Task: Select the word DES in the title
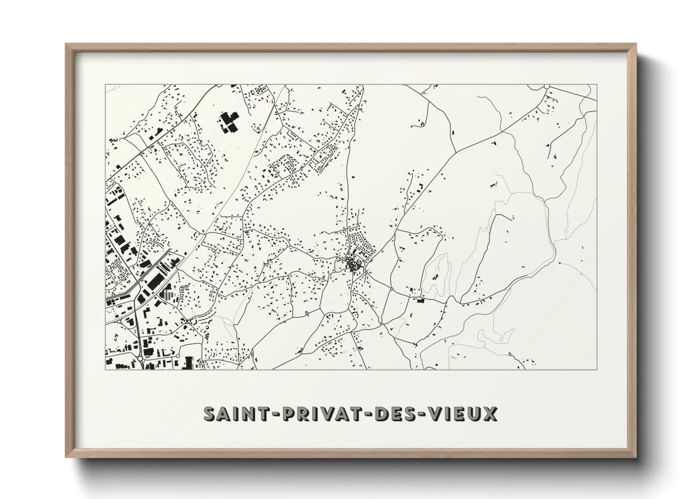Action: tap(396, 414)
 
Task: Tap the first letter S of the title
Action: tap(209, 414)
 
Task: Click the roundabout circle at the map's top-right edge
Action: tap(547, 87)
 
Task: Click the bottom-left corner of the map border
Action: tap(105, 369)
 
